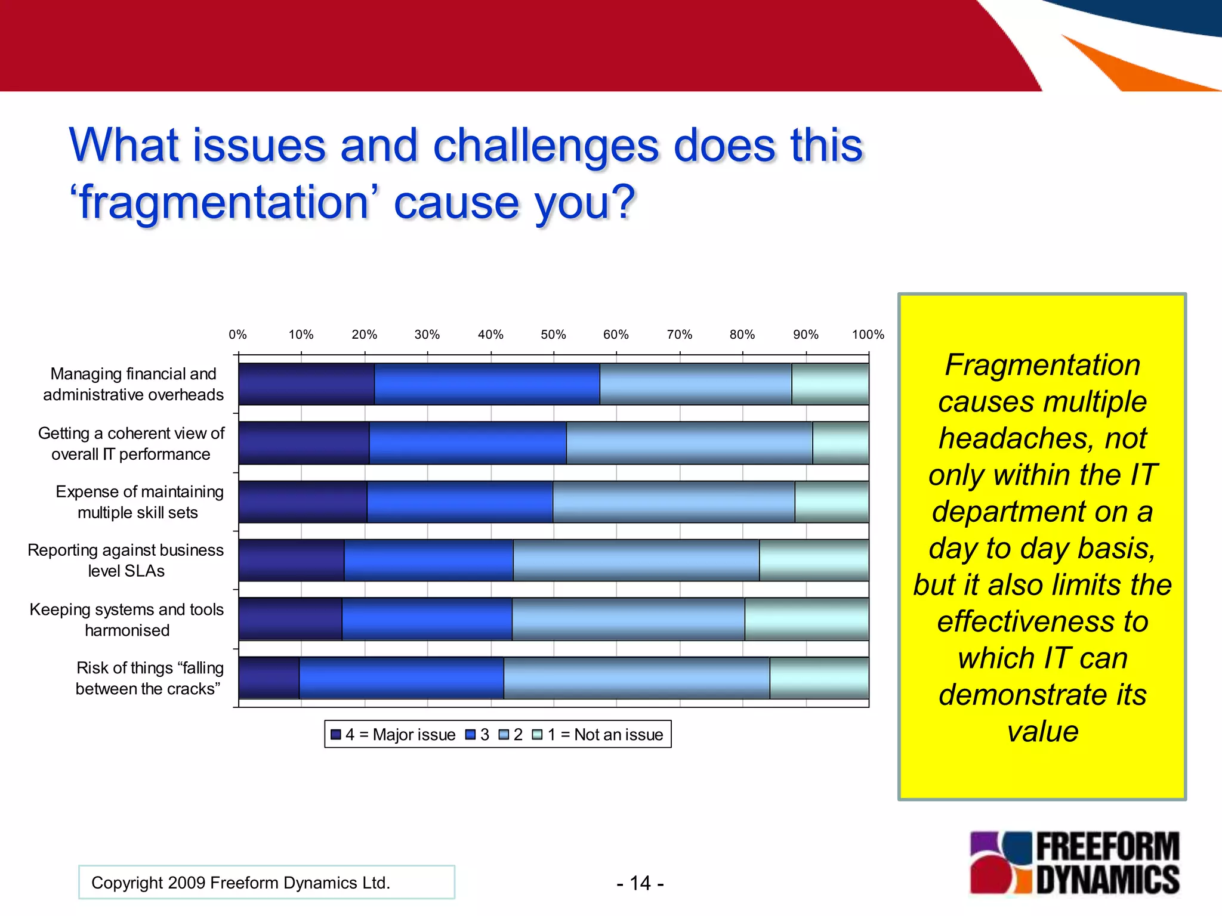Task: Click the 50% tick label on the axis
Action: pos(553,335)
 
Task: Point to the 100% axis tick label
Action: pos(868,335)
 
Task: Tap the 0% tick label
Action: pos(237,335)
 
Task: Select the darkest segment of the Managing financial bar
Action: pos(306,384)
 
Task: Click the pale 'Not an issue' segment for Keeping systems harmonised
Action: pos(806,619)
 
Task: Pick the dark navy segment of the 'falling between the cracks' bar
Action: pos(269,677)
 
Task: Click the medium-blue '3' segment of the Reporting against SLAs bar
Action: pos(428,560)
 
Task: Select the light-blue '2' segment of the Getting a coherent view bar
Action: pos(689,442)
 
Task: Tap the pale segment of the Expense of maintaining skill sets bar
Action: pos(831,502)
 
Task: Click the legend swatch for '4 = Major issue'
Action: pos(336,734)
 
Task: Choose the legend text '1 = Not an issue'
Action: pos(605,734)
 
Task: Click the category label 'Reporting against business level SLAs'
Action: pos(126,560)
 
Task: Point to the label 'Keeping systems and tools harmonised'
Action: pos(126,620)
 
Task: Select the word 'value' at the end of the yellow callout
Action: pos(1042,731)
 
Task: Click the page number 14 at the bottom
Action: pos(640,883)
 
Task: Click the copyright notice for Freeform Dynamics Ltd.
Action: pos(240,883)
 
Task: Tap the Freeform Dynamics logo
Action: pos(1074,862)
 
